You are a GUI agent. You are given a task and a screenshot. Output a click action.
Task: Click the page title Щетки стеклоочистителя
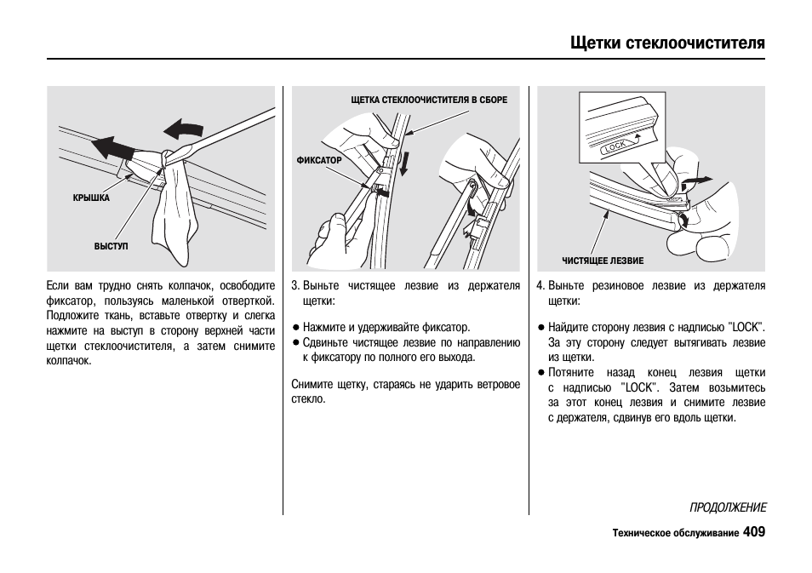coord(667,43)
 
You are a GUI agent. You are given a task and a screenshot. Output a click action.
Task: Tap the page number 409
coord(753,532)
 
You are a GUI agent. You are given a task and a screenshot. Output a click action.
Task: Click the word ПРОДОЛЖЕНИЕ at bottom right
coord(728,507)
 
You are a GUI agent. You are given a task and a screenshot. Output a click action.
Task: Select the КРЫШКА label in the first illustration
coord(91,198)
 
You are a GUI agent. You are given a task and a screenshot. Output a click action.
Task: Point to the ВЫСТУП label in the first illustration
coord(111,246)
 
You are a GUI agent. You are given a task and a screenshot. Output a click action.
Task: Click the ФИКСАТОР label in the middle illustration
coord(318,160)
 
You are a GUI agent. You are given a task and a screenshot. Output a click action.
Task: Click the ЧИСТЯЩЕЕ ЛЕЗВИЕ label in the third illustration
coord(602,261)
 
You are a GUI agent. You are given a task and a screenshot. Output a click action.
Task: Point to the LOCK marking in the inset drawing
coord(615,146)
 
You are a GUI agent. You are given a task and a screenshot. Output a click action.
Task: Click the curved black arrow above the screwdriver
coord(183,129)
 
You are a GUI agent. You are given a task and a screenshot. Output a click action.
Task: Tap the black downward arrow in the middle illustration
coord(404,162)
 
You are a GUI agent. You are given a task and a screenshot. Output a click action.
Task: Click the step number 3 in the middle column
coord(294,286)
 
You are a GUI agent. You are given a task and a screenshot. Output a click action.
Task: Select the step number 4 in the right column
coord(540,286)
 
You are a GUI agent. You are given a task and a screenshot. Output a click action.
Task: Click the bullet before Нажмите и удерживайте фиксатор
coord(295,327)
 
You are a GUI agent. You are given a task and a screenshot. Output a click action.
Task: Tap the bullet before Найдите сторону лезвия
coord(540,327)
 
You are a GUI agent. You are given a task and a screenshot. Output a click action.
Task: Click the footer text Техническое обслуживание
coord(675,534)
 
